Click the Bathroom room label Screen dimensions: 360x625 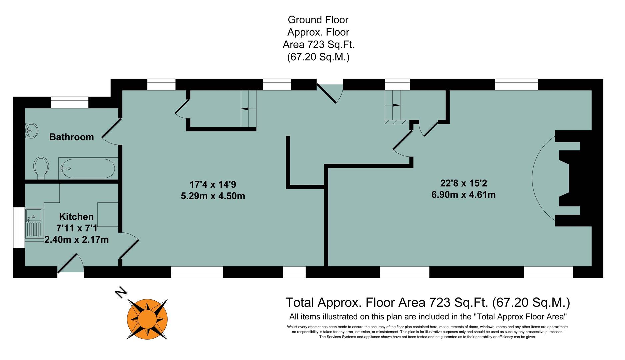[71, 137]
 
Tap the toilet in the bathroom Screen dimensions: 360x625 [41, 167]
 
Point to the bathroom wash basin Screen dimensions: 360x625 [31, 130]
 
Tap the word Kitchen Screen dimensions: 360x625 [76, 217]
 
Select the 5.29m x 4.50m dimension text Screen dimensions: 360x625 [213, 196]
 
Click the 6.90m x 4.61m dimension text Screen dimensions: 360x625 [463, 195]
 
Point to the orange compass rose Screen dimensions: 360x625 [147, 318]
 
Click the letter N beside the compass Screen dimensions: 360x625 [121, 293]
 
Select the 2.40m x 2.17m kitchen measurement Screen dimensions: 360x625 [77, 240]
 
